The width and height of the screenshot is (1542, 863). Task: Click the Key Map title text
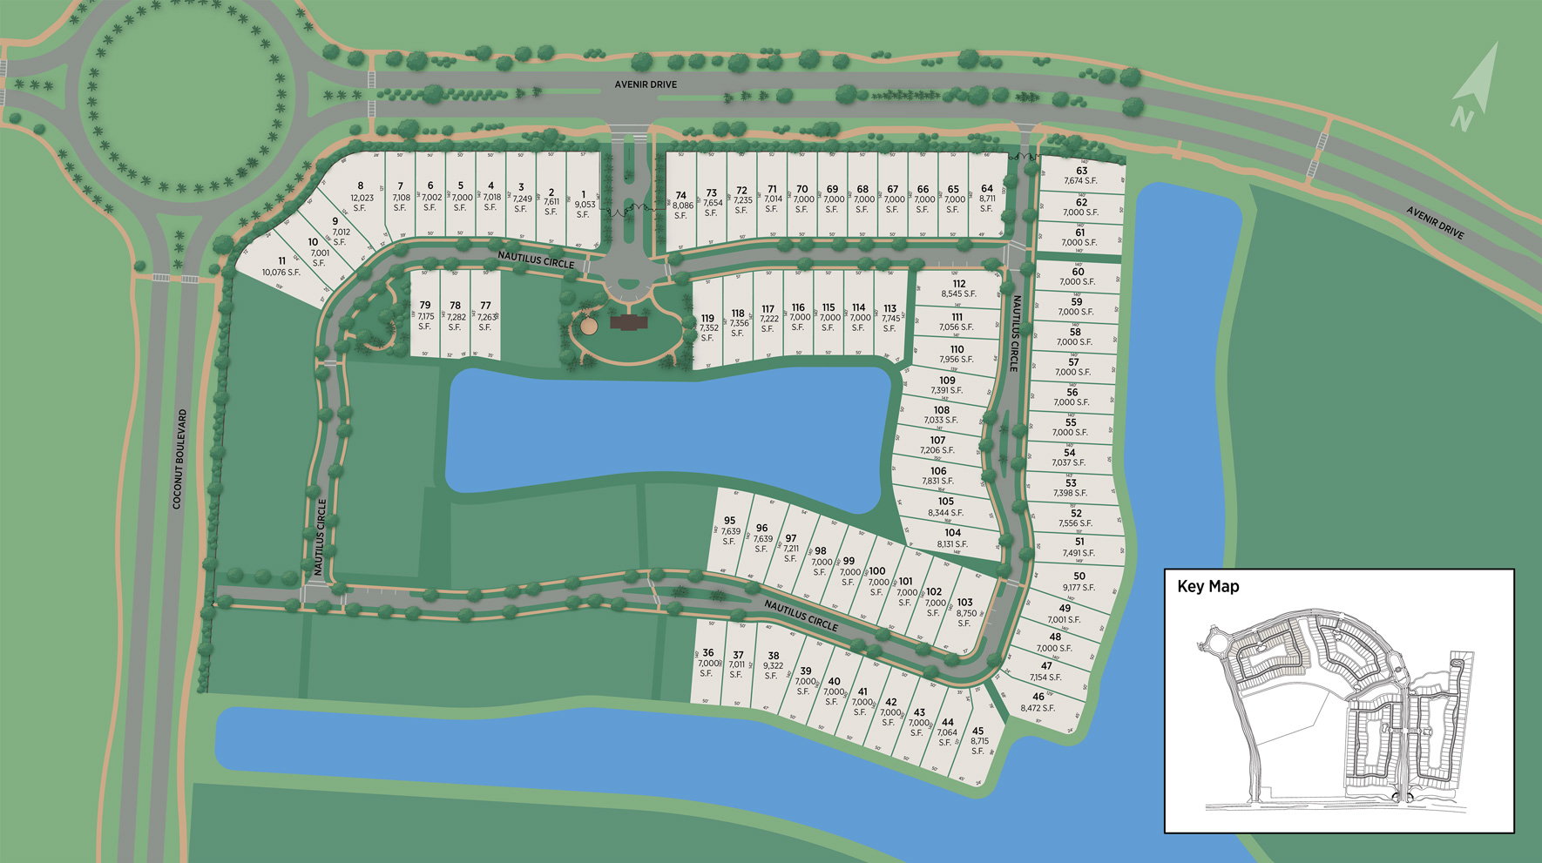1207,587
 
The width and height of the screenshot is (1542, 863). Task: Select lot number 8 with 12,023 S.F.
361,197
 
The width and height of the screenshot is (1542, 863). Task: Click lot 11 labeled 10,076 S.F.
281,266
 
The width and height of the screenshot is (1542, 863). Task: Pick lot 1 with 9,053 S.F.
584,205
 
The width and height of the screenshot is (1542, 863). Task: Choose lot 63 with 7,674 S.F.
1080,175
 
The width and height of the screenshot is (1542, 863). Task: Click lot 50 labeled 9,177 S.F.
1079,582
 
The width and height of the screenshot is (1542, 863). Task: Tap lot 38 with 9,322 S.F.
773,665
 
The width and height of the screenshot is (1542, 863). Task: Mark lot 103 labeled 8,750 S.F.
964,612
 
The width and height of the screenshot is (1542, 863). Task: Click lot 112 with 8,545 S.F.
958,288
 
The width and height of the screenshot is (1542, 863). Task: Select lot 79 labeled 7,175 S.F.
425,316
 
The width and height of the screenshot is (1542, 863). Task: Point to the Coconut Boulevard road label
179,459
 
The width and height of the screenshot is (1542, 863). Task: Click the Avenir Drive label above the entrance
646,84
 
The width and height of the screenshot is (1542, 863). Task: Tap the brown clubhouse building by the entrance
628,323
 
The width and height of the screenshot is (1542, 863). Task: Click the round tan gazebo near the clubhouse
589,327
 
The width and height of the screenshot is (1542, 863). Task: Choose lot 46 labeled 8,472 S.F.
1038,702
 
